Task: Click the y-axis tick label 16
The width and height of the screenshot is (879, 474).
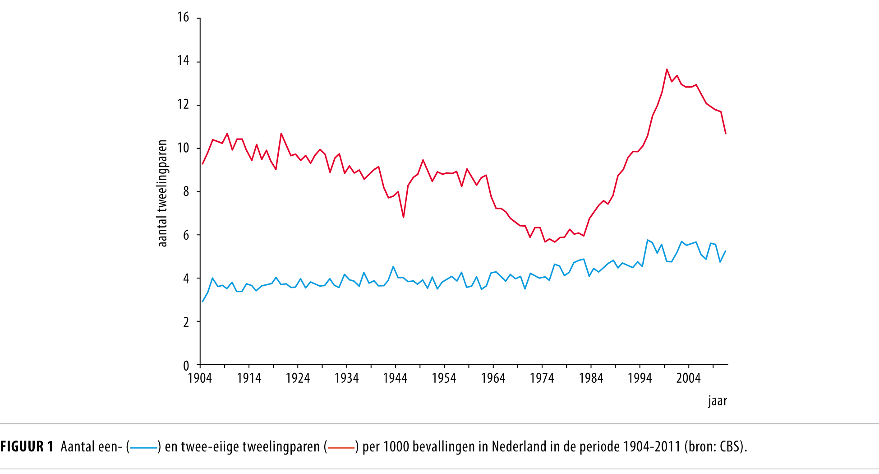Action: point(183,17)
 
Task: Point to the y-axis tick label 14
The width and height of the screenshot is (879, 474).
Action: point(183,60)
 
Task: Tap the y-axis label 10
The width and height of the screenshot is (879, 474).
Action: point(183,148)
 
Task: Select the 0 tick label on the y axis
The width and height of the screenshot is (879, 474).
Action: point(186,366)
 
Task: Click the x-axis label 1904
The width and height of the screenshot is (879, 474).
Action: point(200,378)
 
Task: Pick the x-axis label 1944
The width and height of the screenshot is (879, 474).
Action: point(395,378)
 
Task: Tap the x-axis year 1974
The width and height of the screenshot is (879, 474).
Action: point(542,378)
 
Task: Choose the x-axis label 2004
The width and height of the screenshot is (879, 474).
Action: point(688,378)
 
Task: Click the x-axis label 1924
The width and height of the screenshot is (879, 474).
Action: point(298,378)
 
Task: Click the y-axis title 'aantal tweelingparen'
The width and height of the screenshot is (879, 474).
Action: point(162,193)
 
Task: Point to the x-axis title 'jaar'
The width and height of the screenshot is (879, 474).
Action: point(717,401)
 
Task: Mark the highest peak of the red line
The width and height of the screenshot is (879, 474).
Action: point(667,70)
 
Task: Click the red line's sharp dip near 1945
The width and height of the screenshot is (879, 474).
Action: point(403,217)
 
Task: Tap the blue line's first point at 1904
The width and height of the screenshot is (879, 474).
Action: point(203,302)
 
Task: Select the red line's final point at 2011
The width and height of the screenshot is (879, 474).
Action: point(726,134)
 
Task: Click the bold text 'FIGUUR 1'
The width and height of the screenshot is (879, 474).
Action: point(27,446)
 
